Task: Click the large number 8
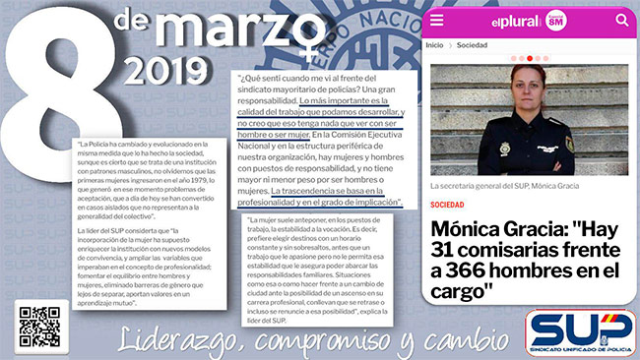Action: (x=49, y=79)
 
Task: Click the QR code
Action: (x=39, y=328)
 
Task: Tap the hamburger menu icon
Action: (x=437, y=21)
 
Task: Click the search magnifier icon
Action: (x=621, y=20)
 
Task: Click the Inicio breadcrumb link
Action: (x=434, y=45)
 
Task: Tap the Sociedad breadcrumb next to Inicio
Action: (x=472, y=45)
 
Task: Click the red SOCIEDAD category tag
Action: (x=448, y=205)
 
